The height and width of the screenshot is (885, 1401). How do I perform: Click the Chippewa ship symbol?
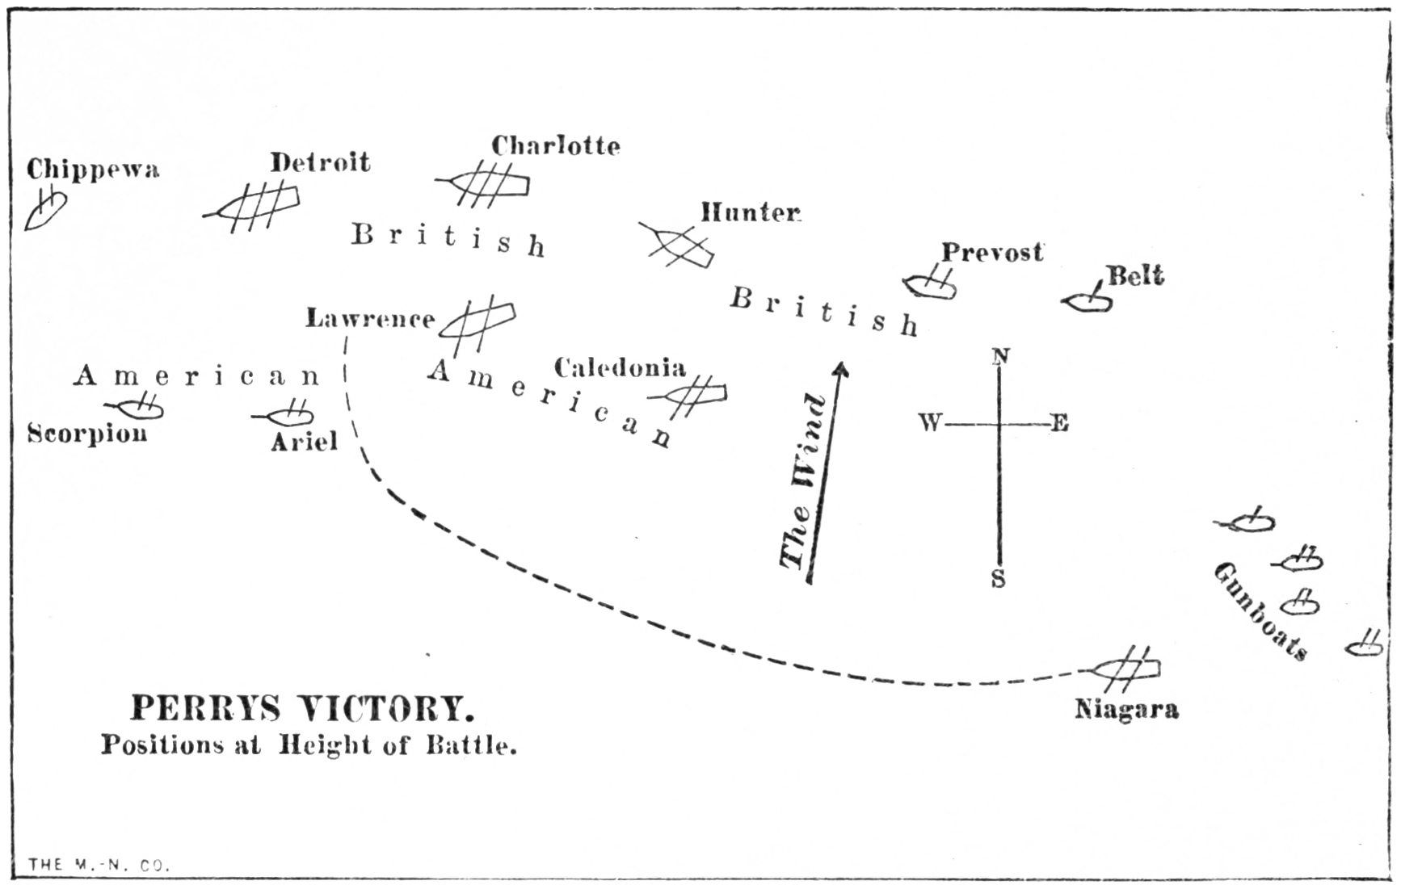click(x=45, y=210)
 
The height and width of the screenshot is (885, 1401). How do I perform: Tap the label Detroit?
click(x=320, y=162)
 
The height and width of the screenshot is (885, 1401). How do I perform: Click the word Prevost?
click(x=992, y=252)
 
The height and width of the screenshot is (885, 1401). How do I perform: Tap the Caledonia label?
click(x=620, y=368)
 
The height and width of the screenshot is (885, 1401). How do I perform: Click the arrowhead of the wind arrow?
click(x=841, y=370)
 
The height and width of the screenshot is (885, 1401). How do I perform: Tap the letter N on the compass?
click(x=1001, y=356)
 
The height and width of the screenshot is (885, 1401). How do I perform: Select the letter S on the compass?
click(x=999, y=579)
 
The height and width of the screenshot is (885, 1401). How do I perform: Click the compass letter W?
click(x=930, y=422)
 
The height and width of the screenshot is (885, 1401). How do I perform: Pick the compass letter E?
click(x=1060, y=423)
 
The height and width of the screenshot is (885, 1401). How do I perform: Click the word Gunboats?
click(x=1261, y=610)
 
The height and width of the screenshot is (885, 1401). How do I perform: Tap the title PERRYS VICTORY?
click(x=302, y=709)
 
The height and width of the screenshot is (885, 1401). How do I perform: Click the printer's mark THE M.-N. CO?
click(x=99, y=865)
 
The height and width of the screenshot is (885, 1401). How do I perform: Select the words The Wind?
click(x=803, y=482)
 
